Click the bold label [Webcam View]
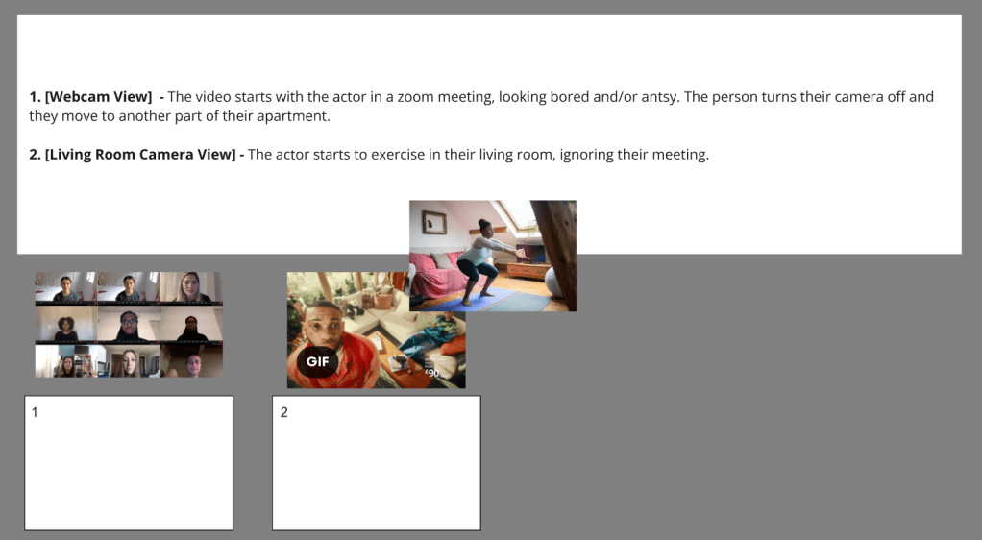pos(98,97)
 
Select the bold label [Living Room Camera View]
pos(140,155)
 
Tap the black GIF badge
pos(317,361)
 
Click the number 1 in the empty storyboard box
pos(35,412)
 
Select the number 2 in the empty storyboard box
pos(283,412)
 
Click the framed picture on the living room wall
pos(434,222)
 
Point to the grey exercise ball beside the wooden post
pos(555,282)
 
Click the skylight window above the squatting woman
pos(517,215)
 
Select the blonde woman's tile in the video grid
pos(191,288)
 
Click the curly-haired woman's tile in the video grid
pos(65,323)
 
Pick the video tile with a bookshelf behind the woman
pos(65,361)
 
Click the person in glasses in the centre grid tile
pos(129,325)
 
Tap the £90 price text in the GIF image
pos(432,373)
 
